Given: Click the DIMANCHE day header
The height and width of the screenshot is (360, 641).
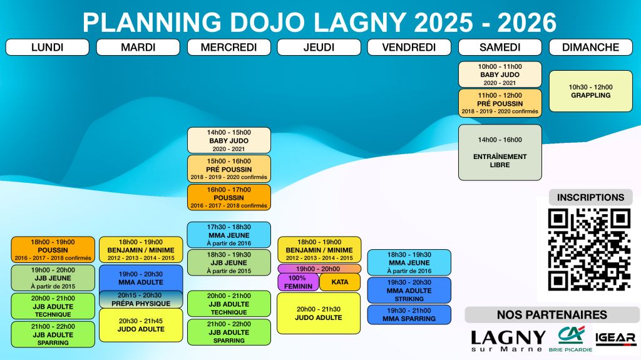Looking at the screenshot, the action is coord(591,48).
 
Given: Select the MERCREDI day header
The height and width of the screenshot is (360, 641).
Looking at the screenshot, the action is coord(229,48).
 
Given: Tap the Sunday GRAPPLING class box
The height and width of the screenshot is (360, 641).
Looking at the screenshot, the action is coord(591,91).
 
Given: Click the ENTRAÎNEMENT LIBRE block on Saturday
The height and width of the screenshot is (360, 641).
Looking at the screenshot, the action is coord(500,153).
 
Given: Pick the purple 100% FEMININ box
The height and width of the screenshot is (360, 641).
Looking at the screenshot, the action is coord(298,282).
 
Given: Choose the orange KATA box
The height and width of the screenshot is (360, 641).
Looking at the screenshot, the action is coord(340,282).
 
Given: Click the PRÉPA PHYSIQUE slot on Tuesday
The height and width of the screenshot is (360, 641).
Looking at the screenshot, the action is coord(141,299).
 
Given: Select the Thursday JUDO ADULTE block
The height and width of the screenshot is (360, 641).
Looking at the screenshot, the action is coord(319,314).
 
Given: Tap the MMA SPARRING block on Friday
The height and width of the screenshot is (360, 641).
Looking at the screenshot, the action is coord(409,314).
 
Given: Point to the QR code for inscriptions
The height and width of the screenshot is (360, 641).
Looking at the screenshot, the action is coord(589,250).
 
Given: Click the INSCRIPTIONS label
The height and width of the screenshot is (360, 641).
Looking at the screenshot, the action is coord(591,198).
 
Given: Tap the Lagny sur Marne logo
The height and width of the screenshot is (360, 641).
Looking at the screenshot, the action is coord(508,341).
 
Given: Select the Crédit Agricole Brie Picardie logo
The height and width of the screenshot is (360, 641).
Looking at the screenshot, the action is coord(570,339).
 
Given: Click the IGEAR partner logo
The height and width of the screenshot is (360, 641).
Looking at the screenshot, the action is coord(616,338).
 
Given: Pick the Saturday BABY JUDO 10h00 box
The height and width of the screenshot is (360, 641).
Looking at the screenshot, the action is coord(500,75).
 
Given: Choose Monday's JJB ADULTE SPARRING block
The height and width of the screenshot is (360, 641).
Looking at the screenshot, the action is coord(53,334).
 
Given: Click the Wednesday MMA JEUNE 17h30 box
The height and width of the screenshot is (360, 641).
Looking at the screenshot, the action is coord(229,235).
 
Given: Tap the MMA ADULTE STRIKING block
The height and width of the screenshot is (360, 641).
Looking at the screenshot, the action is coord(409,291).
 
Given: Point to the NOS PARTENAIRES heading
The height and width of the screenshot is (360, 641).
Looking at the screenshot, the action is coord(552,314).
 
